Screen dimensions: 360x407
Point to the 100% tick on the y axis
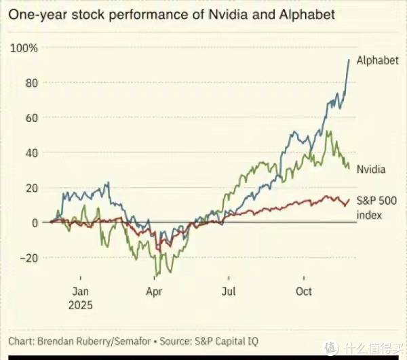coord(24,48)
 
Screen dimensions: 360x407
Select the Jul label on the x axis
coord(229,292)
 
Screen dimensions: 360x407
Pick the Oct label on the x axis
coord(303,292)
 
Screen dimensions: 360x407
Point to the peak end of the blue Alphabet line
coord(349,59)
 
